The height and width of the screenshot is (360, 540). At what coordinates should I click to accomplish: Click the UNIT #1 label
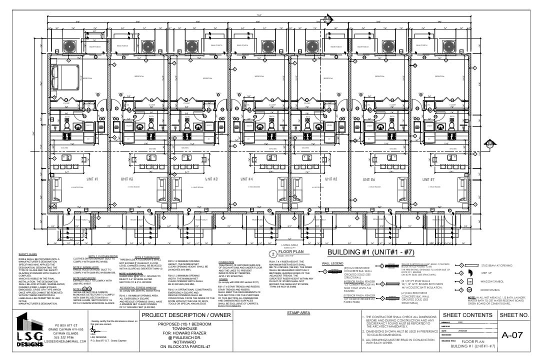(93, 178)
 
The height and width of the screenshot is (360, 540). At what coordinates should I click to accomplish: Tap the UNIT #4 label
(247, 178)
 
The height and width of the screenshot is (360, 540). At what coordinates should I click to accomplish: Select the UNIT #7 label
(428, 178)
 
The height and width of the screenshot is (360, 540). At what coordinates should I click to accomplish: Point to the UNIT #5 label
(331, 178)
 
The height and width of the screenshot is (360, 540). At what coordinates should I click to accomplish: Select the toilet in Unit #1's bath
(79, 126)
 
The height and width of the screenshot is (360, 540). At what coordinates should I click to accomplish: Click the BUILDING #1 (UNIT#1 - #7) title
(383, 251)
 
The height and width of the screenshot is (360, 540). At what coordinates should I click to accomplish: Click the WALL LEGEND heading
(332, 263)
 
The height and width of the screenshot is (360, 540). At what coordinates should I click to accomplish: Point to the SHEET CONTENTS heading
(467, 301)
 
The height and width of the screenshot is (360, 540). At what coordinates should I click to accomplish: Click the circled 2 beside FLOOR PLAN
(273, 253)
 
